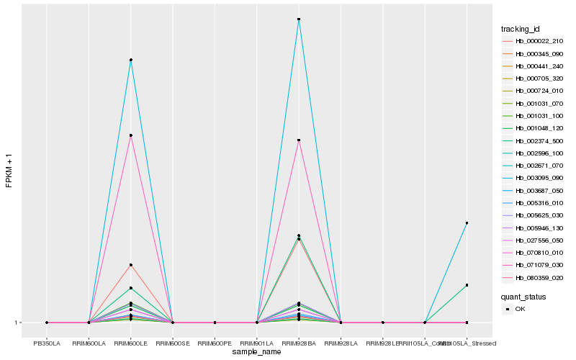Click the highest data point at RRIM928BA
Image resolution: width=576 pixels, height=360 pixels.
(x=299, y=19)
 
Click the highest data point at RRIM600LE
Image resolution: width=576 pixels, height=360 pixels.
(x=131, y=60)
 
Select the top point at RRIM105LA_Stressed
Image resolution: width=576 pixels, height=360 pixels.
(x=467, y=223)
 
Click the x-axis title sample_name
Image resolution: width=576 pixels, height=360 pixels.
(x=256, y=352)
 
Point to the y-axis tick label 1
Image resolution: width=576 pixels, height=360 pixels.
(x=17, y=323)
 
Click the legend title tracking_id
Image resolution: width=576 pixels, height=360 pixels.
(x=521, y=29)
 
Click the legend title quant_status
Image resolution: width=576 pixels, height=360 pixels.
(x=523, y=296)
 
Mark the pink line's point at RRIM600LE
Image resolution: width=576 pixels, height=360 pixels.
(x=131, y=135)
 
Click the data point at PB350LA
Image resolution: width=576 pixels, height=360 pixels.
(x=47, y=323)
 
